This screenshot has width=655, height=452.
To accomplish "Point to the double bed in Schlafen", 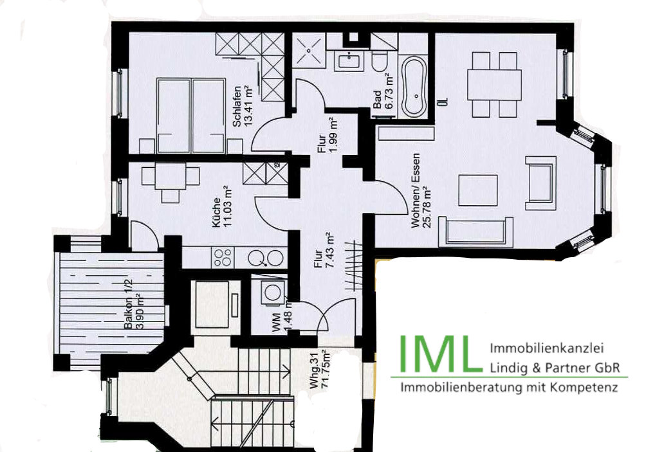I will point(191,116).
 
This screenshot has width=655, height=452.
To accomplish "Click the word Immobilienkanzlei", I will point(546,349).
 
